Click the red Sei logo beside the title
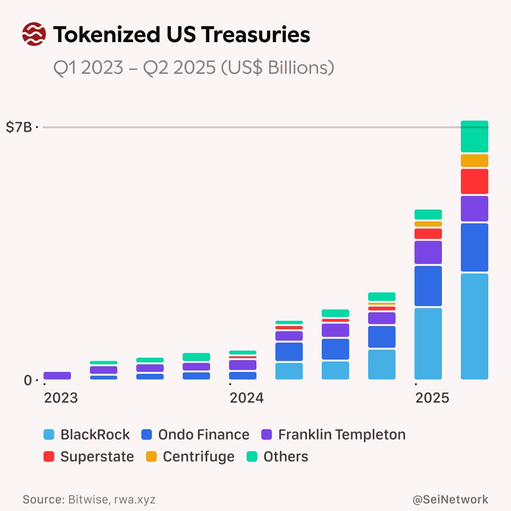pos(34,35)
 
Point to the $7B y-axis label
pos(18,127)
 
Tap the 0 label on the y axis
pos(27,380)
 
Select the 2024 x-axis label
pos(247,398)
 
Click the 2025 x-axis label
pos(432,398)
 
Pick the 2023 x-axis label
pos(61,398)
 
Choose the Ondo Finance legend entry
pos(195,434)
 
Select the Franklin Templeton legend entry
pos(333,434)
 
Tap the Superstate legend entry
pos(88,457)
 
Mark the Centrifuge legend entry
pos(190,457)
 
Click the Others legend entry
pos(278,457)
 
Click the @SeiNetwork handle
pos(450,499)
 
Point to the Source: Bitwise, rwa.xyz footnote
pos(89,499)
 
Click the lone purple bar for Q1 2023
pos(57,376)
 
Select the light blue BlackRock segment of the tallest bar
pos(475,326)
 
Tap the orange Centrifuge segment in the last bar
pos(475,160)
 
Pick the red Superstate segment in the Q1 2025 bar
pos(428,234)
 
